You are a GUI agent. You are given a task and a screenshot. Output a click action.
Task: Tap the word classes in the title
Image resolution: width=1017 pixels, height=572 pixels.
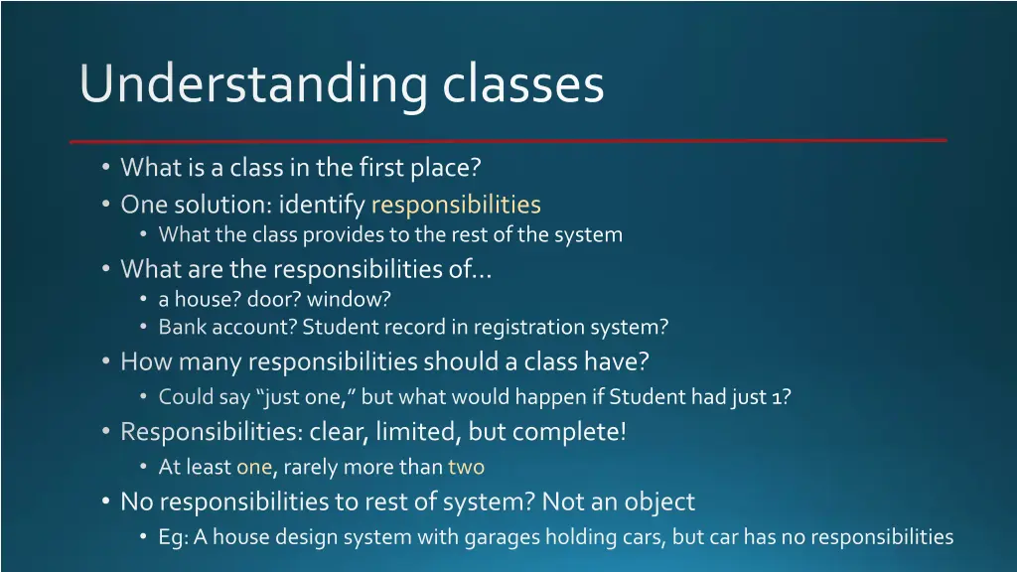coord(523,84)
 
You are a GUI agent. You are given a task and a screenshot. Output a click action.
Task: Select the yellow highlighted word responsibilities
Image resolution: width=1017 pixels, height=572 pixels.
coord(456,206)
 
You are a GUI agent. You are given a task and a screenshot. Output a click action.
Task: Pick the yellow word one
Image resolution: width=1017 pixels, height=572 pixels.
coord(253,467)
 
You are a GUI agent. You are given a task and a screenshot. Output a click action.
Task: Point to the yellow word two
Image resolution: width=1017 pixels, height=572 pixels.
coord(466,467)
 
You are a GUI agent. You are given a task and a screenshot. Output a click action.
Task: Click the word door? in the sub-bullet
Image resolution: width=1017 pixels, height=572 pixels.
coord(273,299)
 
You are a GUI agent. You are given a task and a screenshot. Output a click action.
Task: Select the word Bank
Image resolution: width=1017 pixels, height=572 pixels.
coord(179,327)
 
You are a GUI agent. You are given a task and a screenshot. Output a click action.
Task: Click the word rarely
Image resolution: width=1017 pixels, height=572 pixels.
coord(314,467)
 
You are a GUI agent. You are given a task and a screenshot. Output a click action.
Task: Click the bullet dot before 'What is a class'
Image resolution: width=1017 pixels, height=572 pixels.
coord(106,168)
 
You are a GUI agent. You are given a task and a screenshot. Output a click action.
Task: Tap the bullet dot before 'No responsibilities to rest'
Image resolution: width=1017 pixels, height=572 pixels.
coord(106,502)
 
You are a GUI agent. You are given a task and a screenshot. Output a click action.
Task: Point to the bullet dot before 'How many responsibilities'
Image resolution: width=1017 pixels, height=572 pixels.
coord(106,362)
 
